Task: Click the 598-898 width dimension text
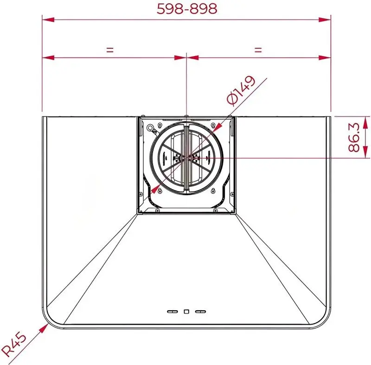click(186, 9)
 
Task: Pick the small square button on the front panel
click(186, 312)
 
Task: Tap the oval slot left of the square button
click(173, 312)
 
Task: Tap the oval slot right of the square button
click(200, 312)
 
